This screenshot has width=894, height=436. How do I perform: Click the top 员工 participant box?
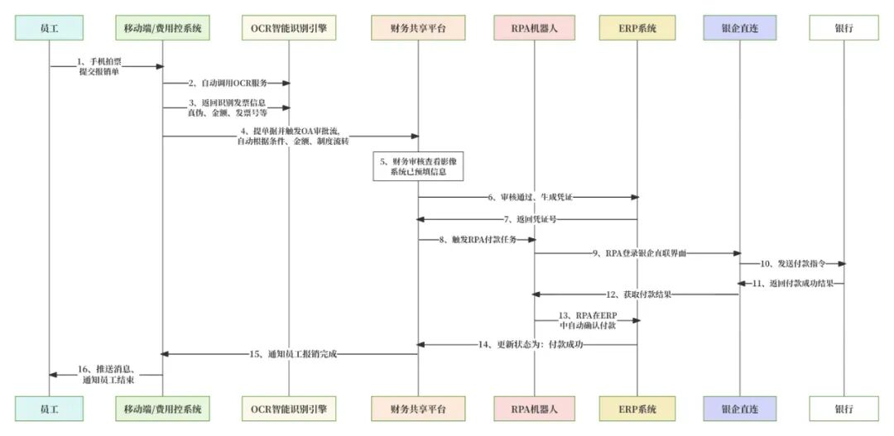tap(50, 28)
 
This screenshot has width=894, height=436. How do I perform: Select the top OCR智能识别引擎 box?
tap(289, 28)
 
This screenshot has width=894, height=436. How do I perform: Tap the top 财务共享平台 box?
tap(418, 28)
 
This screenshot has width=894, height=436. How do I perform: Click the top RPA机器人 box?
tap(535, 28)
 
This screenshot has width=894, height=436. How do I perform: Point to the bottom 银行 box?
tap(844, 408)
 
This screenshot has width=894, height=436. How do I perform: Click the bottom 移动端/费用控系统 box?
tap(163, 408)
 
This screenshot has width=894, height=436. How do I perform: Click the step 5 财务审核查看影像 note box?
tap(418, 167)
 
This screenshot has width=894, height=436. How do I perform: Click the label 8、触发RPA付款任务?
tap(479, 240)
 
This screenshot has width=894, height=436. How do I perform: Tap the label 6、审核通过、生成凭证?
tap(530, 197)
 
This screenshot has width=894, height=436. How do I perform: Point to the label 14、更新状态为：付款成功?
tap(531, 343)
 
